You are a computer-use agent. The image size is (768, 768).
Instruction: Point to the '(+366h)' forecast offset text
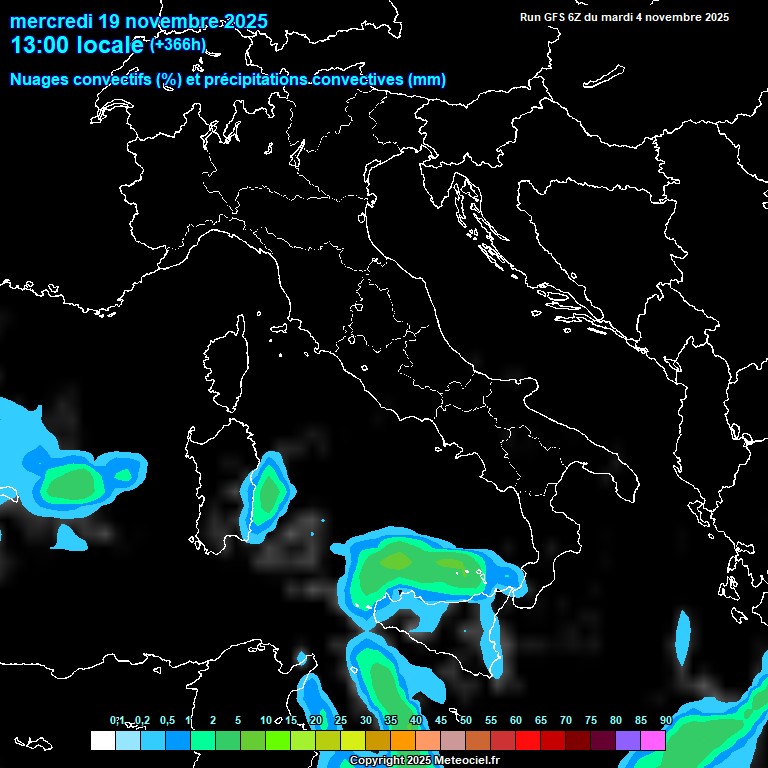[177, 44]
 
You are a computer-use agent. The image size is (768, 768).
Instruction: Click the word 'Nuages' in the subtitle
[41, 80]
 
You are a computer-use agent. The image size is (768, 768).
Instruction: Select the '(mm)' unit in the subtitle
[426, 80]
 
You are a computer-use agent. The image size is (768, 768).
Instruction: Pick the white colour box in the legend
[103, 740]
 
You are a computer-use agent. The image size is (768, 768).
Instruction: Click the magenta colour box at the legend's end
[653, 740]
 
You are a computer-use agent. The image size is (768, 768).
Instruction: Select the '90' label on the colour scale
[666, 720]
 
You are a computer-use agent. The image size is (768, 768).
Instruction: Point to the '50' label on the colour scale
[466, 720]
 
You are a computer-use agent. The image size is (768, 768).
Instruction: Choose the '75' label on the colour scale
[591, 720]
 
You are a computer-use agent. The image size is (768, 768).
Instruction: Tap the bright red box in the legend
[528, 740]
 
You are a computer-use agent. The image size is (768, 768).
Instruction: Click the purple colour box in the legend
[628, 740]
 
